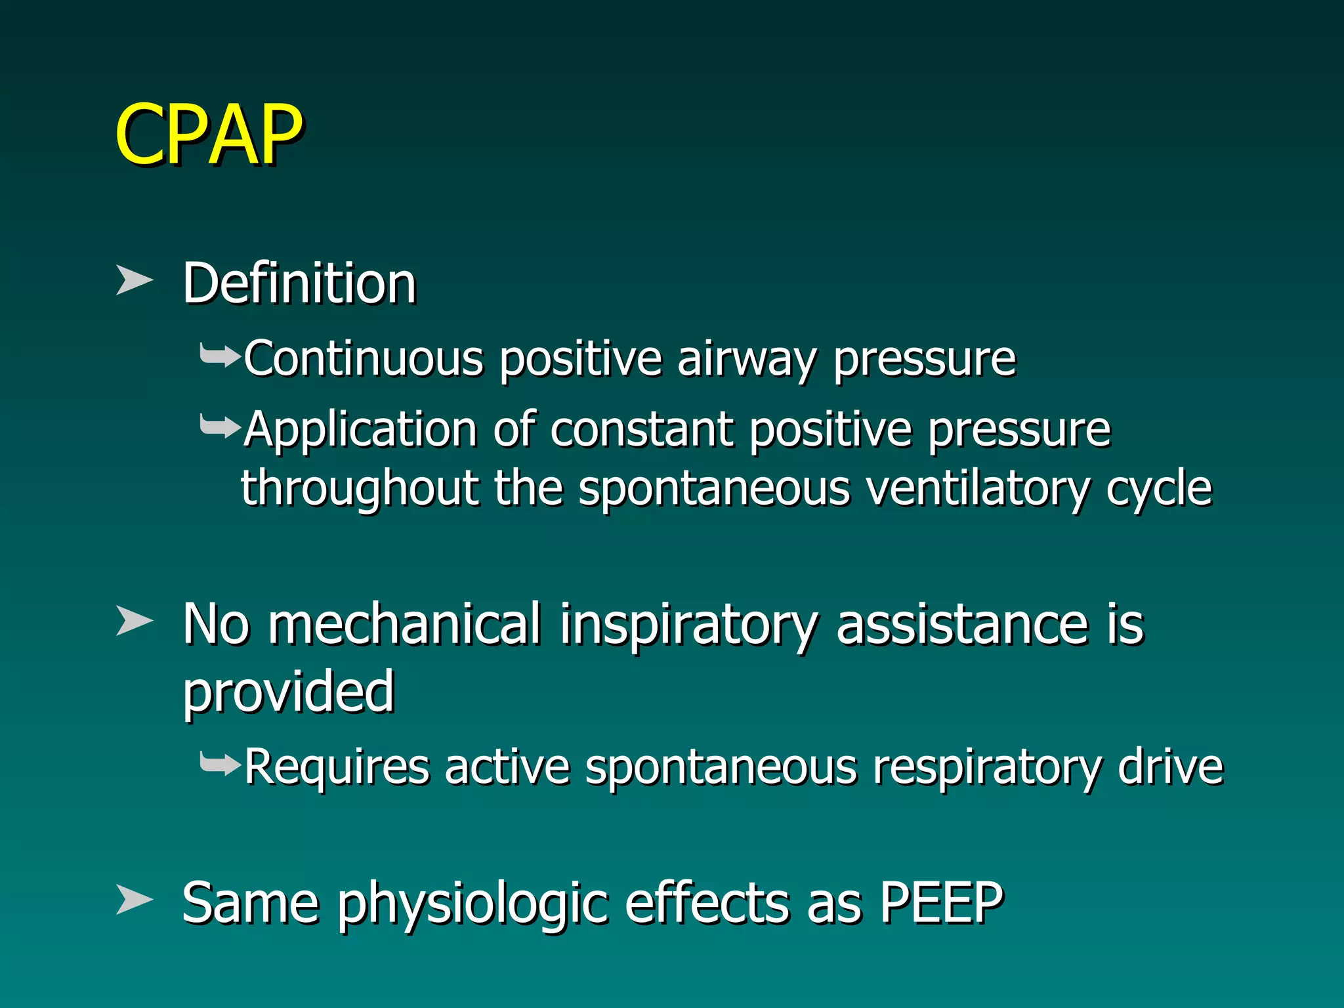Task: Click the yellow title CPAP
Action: [x=209, y=135]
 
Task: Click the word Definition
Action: [x=299, y=283]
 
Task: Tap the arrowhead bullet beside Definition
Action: [x=134, y=280]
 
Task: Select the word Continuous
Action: [x=364, y=359]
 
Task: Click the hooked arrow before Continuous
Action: [x=220, y=358]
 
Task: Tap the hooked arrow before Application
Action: [x=220, y=428]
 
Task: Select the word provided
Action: [x=289, y=692]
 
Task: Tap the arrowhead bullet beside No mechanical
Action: [x=134, y=621]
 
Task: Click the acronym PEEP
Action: [x=941, y=903]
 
